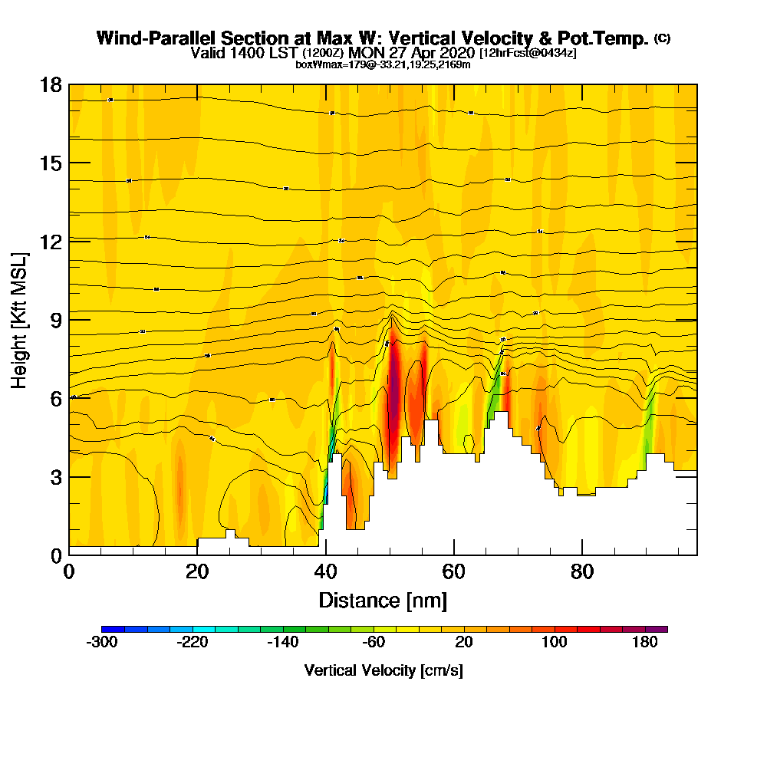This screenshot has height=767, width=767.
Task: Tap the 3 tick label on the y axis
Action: [56, 476]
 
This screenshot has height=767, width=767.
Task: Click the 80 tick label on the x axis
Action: [583, 572]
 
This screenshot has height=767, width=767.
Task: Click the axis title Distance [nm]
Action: [383, 600]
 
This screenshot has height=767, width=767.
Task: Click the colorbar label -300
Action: [102, 643]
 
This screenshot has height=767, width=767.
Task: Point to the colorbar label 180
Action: [645, 643]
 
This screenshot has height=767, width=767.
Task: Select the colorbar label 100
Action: [555, 643]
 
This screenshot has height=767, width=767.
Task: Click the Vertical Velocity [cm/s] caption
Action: [383, 670]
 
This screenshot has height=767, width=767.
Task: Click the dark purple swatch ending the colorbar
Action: [656, 629]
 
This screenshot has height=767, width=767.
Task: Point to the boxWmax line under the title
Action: [383, 64]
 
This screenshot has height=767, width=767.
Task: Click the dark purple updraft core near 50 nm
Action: [393, 391]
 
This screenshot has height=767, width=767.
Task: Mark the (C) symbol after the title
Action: [662, 38]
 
